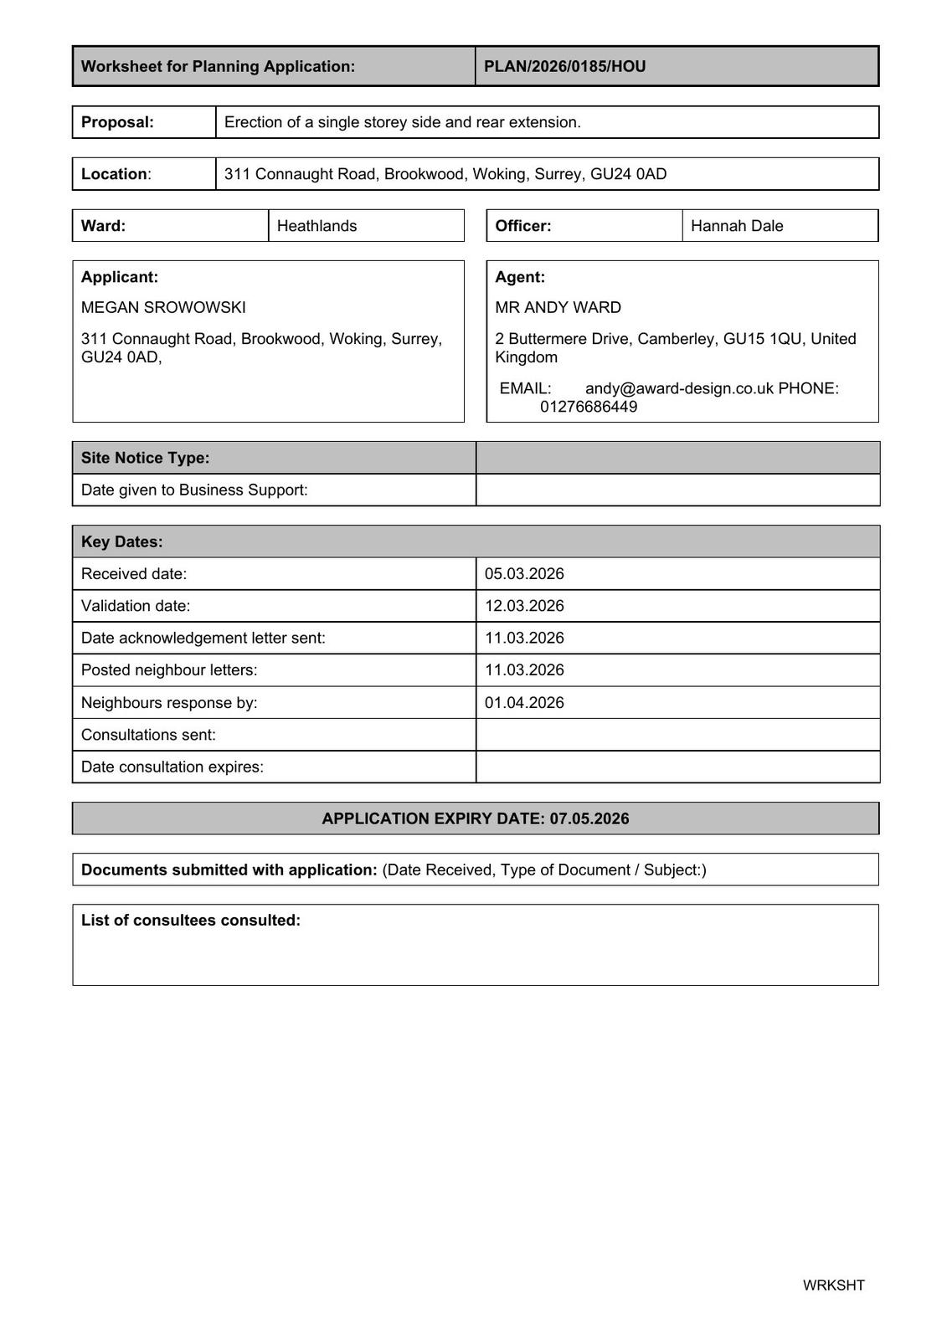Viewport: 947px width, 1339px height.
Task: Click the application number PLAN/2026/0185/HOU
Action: tap(564, 66)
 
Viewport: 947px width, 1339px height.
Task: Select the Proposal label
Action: tap(117, 122)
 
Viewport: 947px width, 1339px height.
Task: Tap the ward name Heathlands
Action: tap(317, 226)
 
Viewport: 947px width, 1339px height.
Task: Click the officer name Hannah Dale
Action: tap(737, 226)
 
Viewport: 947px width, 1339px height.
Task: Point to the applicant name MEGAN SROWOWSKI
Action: tap(163, 307)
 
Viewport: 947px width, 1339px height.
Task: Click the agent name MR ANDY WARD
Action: tap(558, 307)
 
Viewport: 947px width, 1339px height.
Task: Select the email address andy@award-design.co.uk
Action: tap(679, 388)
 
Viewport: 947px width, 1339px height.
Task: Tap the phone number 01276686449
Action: tap(588, 407)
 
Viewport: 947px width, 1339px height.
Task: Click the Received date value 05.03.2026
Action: tap(524, 574)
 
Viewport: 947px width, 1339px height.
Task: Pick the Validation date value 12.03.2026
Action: tap(524, 606)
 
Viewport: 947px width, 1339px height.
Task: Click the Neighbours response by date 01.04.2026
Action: tap(524, 703)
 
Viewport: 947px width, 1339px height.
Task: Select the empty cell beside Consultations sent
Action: tap(677, 735)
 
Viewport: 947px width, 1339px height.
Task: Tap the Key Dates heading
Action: tap(122, 541)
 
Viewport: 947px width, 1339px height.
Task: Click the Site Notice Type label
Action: tap(146, 458)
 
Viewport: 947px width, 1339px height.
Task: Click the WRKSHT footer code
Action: tap(833, 1285)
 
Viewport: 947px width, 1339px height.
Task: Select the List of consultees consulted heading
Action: tap(191, 921)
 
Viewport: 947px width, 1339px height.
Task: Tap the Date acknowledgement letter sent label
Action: tap(203, 638)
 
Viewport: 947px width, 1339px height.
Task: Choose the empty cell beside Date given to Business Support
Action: tap(677, 490)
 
